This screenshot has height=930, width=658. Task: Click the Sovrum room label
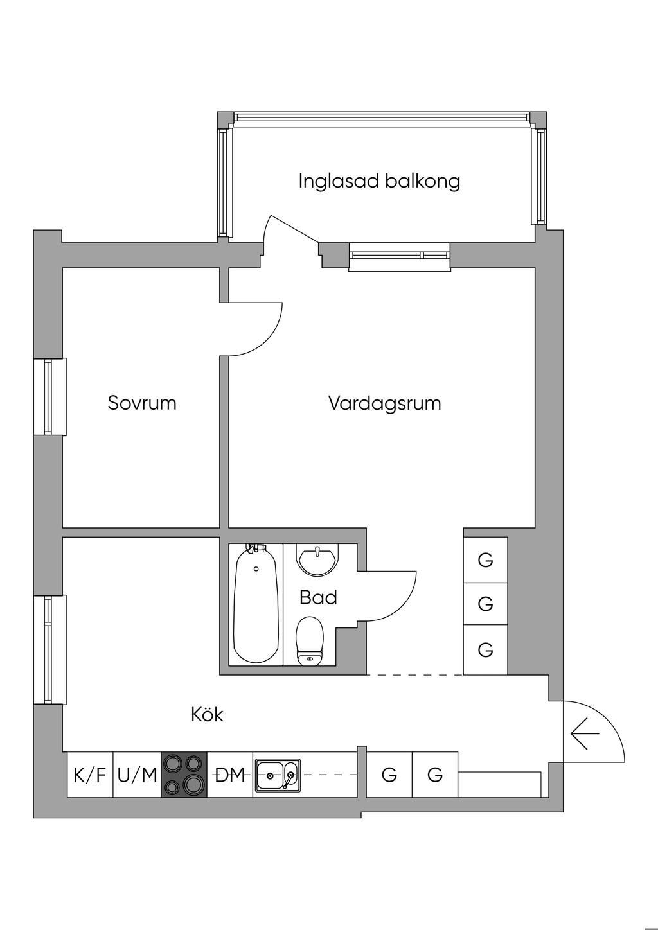[x=142, y=403]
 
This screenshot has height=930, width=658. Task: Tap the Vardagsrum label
[x=385, y=403]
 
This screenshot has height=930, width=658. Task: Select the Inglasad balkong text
[x=379, y=181]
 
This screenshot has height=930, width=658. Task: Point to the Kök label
[x=207, y=715]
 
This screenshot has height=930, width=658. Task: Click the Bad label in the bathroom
[x=318, y=597]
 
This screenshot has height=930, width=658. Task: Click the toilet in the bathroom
[x=310, y=642]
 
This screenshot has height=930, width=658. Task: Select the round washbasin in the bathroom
[x=317, y=559]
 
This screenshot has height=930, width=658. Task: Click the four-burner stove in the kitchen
[x=184, y=775]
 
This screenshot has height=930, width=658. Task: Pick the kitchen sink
[x=278, y=775]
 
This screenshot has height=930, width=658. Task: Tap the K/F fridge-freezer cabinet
[x=90, y=775]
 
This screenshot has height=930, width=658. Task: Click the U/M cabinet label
[x=137, y=775]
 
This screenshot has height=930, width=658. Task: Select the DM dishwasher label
[x=230, y=775]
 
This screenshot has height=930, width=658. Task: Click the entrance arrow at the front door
[x=585, y=733]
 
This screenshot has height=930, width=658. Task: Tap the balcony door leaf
[x=293, y=229]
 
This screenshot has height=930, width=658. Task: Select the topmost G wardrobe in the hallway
[x=485, y=560]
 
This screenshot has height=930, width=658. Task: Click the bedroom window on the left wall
[x=49, y=397]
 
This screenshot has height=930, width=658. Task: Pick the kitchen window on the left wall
[x=49, y=650]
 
